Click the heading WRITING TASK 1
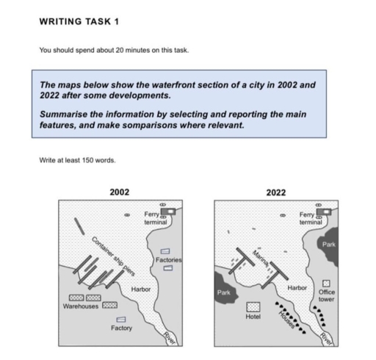(78, 21)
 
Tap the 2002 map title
(119, 192)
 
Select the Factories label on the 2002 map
(169, 260)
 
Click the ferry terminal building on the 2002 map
(170, 210)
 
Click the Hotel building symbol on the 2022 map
(253, 306)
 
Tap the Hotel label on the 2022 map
(253, 317)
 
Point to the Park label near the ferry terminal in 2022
(328, 242)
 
